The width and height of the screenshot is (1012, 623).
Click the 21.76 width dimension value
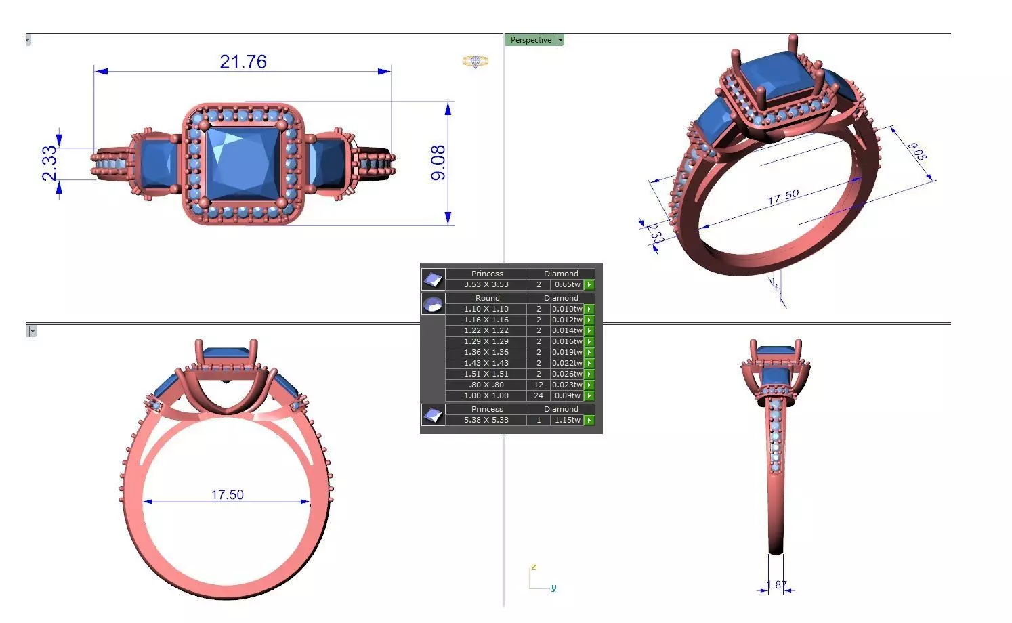coord(243,62)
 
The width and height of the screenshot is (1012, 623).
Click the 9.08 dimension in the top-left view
coord(438,163)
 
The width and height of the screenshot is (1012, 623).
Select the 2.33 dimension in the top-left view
coord(49,164)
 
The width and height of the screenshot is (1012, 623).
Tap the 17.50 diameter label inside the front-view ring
coord(227,494)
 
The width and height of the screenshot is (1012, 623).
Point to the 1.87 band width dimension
coord(776,585)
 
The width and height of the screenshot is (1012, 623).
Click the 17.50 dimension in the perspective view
coord(783,197)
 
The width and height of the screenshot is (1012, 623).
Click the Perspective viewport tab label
coord(530,40)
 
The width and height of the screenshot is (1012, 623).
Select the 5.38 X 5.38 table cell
coord(486,420)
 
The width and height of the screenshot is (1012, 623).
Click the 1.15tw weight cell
coord(567,420)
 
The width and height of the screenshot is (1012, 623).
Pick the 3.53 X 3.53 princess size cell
coord(486,284)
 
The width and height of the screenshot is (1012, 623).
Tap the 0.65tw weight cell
coord(567,284)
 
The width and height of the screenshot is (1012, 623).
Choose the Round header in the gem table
coord(487,298)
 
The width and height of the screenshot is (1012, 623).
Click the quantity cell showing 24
coord(539,395)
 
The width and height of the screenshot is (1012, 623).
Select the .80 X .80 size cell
coord(486,385)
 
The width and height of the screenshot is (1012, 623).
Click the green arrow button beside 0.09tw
coord(589,395)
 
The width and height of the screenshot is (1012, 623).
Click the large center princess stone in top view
coord(242,163)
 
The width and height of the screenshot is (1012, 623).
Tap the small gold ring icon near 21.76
coord(476,62)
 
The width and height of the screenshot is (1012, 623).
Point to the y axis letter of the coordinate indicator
coord(553,587)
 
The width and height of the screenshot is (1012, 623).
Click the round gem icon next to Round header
coord(434,303)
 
